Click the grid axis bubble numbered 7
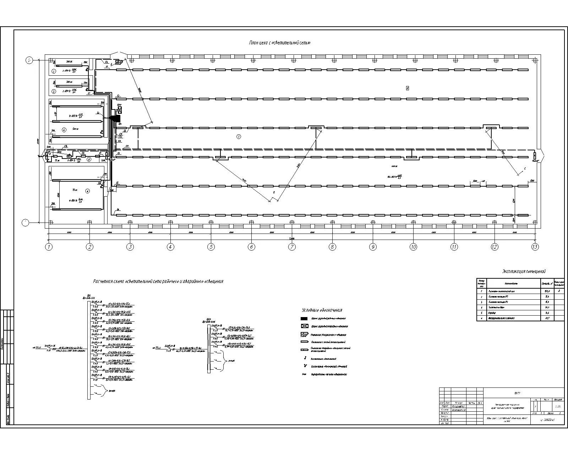(x=292, y=247)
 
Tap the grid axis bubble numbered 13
(x=535, y=247)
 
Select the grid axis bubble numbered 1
(x=49, y=247)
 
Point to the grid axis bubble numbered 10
(x=413, y=247)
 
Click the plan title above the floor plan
(x=279, y=43)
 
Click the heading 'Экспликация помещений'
(x=524, y=272)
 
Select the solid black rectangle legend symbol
(x=304, y=318)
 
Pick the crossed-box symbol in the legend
(x=304, y=326)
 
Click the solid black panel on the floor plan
(x=116, y=118)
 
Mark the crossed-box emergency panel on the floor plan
(x=120, y=110)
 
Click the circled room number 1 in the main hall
(x=239, y=136)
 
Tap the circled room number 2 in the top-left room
(x=54, y=71)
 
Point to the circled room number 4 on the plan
(x=64, y=130)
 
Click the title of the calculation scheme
(x=158, y=282)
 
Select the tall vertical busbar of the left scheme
(x=89, y=348)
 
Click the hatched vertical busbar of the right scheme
(x=209, y=348)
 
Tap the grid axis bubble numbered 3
(x=130, y=247)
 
